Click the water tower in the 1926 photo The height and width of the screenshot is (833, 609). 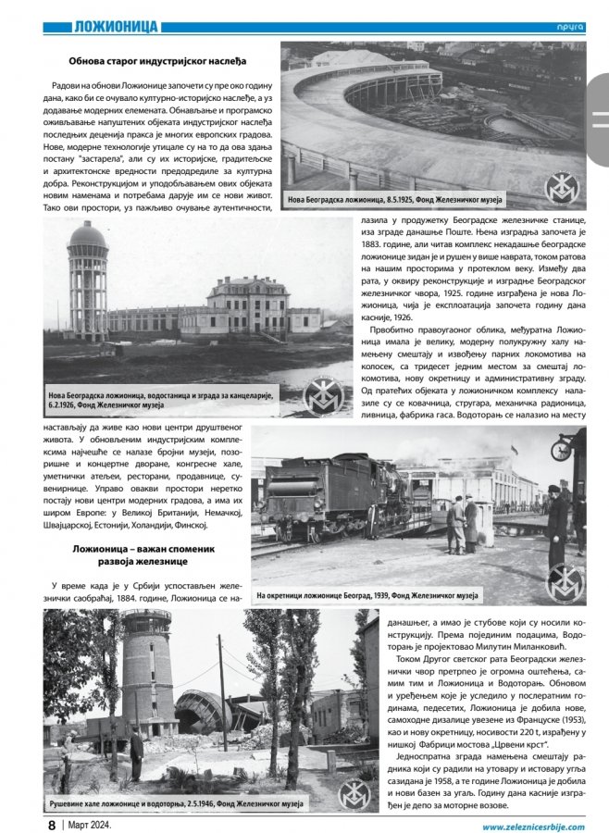coord(88,278)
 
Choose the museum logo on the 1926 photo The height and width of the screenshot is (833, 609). coord(325,395)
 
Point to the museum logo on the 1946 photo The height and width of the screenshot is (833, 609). coord(354,791)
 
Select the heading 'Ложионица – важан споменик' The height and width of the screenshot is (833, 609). coord(150,551)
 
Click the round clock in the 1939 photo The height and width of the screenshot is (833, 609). coord(558,450)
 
